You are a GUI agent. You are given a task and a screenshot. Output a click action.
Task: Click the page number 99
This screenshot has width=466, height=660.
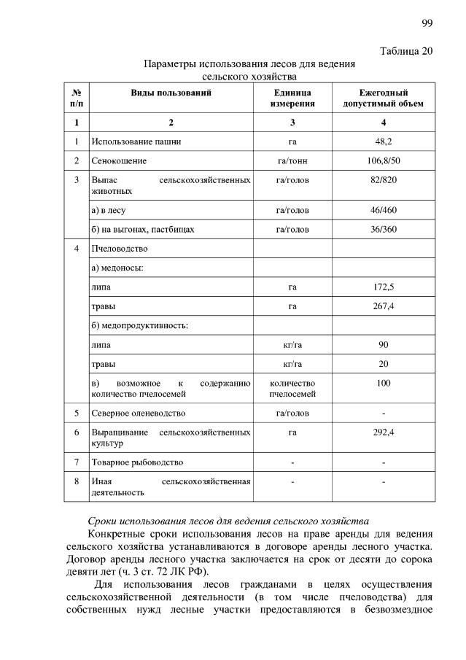click(427, 23)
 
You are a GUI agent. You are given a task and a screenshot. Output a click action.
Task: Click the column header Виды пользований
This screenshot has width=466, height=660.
click(171, 93)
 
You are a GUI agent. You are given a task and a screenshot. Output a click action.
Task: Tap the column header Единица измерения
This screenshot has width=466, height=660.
click(292, 98)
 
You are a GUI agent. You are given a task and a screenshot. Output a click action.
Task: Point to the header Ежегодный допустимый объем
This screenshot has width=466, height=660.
click(383, 98)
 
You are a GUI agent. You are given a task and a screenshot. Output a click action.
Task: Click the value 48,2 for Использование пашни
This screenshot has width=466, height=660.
click(384, 139)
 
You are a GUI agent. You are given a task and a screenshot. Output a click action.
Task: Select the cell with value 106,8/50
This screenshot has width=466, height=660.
click(384, 159)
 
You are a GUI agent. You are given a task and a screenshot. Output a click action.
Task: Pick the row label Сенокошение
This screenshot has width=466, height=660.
click(119, 159)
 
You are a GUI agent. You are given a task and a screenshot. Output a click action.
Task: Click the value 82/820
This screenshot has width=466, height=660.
click(384, 179)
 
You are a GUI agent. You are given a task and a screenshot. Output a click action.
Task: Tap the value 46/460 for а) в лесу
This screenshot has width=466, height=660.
click(384, 210)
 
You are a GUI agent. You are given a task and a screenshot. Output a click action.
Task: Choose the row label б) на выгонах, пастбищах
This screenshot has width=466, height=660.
click(143, 229)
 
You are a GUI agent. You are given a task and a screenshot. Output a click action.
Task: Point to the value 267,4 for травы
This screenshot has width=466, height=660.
click(384, 306)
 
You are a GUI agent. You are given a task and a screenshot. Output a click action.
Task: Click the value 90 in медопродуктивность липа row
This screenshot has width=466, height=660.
click(384, 344)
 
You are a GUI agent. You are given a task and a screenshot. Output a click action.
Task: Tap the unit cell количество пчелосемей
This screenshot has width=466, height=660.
click(292, 388)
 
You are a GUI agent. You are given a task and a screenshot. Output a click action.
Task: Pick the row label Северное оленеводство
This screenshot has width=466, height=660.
click(138, 413)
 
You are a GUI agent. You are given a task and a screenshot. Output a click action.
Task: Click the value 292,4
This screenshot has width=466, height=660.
click(384, 432)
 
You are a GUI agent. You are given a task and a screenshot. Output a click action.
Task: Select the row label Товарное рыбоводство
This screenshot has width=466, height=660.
click(137, 462)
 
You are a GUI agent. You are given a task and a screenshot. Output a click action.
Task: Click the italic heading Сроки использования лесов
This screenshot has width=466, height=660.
click(228, 521)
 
